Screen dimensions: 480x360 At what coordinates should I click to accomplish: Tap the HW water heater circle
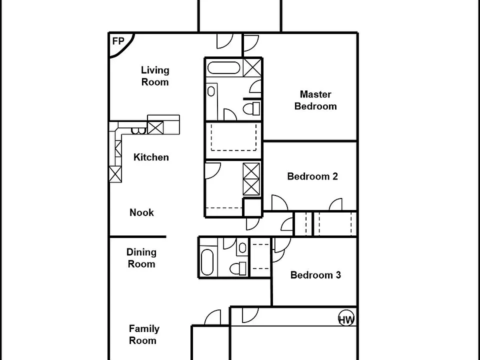click(346, 318)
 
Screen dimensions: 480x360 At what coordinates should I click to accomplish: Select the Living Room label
click(155, 76)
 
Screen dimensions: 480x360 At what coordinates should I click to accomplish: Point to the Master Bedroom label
click(315, 100)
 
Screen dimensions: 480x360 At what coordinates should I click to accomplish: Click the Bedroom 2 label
click(312, 176)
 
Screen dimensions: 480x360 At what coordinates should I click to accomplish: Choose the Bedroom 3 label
click(315, 275)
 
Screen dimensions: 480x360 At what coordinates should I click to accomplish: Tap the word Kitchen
click(151, 157)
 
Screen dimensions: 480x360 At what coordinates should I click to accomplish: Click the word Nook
click(141, 212)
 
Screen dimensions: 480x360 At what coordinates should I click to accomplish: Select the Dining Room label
click(141, 258)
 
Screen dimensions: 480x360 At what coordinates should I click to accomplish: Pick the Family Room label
click(144, 334)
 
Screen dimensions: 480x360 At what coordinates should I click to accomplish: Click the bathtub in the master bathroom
click(224, 68)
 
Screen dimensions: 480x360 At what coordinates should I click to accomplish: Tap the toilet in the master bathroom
click(251, 108)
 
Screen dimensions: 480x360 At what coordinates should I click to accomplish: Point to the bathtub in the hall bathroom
click(207, 262)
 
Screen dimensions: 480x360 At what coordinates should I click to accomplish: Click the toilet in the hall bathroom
click(238, 268)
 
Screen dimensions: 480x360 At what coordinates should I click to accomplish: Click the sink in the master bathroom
click(211, 91)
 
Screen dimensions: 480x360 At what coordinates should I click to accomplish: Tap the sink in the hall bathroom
click(242, 247)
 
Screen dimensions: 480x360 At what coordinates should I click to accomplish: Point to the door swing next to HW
click(250, 315)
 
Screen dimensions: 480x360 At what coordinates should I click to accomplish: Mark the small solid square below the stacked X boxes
click(252, 207)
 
